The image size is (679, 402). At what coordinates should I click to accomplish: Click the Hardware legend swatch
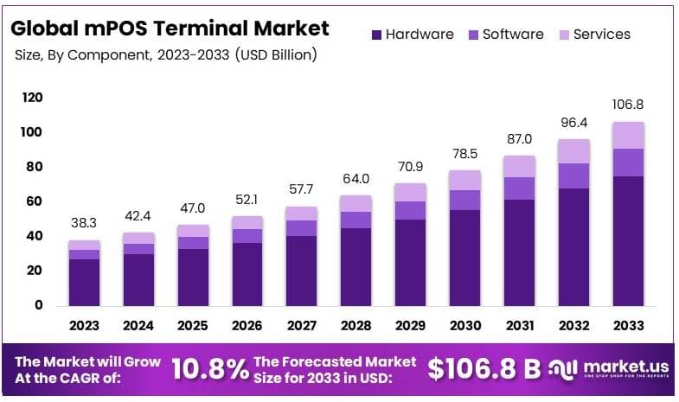(376, 35)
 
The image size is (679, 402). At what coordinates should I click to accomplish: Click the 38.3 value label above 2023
(84, 222)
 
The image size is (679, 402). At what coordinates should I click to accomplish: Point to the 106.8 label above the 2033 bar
(628, 104)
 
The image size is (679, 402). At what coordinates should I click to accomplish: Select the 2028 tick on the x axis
(356, 325)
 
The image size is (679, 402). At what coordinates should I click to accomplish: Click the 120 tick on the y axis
(32, 98)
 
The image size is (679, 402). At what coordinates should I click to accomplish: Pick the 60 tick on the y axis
(32, 201)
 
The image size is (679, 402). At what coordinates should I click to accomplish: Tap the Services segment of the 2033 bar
(628, 135)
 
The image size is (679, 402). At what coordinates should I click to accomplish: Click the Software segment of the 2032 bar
(573, 175)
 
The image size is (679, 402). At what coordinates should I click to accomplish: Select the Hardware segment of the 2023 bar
(84, 282)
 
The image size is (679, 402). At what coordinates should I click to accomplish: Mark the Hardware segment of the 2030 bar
(464, 257)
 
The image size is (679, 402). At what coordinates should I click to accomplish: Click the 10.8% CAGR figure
(210, 369)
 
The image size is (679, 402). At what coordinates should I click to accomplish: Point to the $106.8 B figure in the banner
(484, 369)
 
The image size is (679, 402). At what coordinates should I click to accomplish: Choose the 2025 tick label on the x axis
(193, 325)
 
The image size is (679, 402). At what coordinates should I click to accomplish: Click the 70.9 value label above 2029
(410, 166)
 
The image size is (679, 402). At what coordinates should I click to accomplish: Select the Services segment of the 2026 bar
(247, 222)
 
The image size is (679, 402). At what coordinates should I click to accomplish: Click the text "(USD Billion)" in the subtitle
(272, 55)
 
